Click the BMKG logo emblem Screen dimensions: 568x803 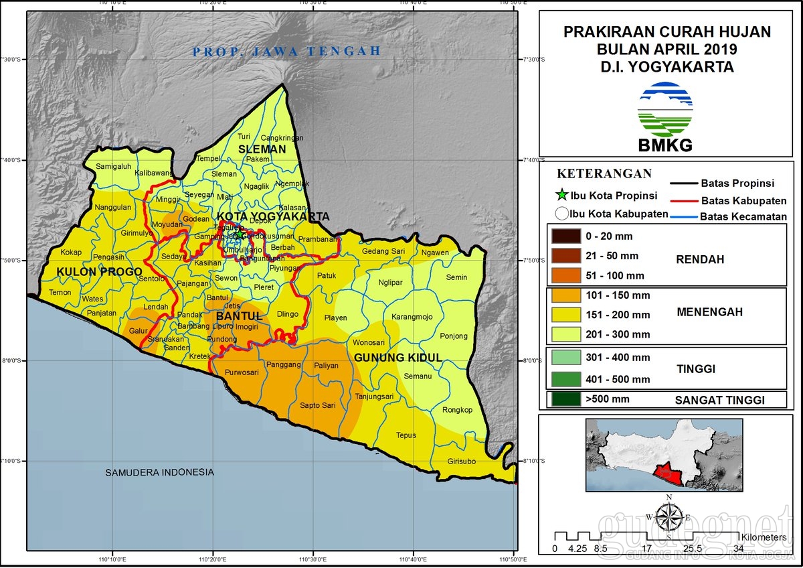click(665, 109)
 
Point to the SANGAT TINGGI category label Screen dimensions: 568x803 click(719, 400)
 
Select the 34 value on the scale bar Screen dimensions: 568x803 click(738, 549)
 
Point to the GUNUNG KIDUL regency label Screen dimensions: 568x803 click(398, 358)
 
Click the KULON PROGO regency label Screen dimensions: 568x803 click(99, 271)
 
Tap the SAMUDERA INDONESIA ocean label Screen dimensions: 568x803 click(159, 472)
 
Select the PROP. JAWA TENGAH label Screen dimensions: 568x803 click(286, 51)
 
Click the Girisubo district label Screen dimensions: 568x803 click(462, 461)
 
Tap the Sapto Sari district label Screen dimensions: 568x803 click(317, 405)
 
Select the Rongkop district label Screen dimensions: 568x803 click(458, 410)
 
